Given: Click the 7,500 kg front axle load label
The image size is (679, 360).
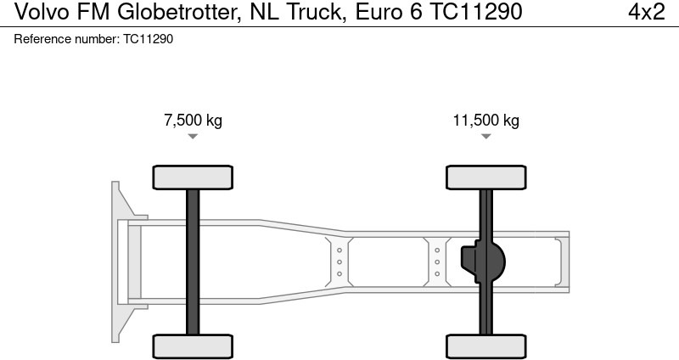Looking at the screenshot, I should click(193, 120).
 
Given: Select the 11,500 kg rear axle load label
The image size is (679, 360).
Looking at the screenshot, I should click(485, 120).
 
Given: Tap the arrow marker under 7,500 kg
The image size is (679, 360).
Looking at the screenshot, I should click(193, 136).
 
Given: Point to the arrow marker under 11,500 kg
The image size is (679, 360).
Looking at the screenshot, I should click(486, 136).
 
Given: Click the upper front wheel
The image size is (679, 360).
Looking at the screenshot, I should click(193, 177).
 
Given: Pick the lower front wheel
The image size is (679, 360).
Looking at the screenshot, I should click(193, 346).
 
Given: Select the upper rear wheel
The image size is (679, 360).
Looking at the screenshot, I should click(486, 177).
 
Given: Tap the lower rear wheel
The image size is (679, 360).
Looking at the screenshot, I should click(486, 346).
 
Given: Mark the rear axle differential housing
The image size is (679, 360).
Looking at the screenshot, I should click(485, 262).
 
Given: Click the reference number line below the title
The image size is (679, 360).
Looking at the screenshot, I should click(93, 39).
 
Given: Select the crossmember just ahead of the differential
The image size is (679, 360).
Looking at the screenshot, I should click(437, 262).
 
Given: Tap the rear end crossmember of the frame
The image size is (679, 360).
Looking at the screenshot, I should click(559, 262).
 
